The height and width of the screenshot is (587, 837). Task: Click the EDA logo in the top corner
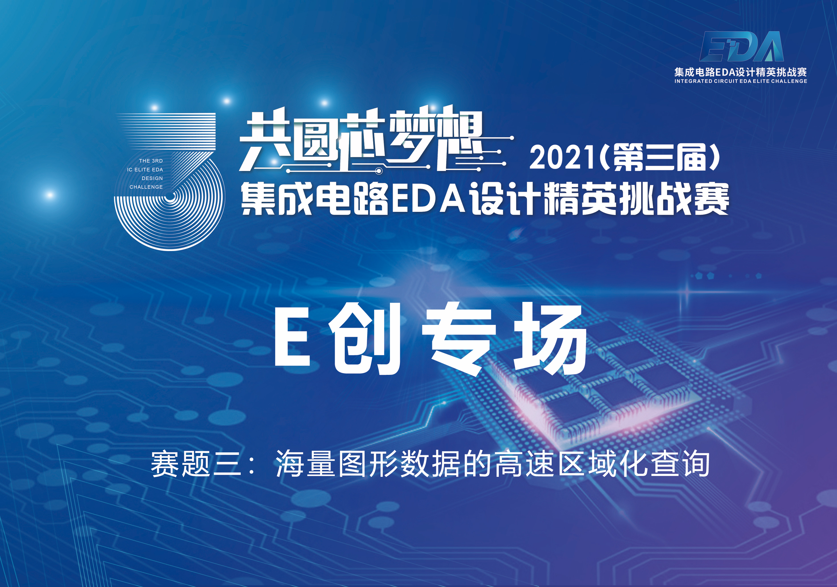(742, 46)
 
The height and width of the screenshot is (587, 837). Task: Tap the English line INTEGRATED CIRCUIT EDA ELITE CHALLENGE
(741, 81)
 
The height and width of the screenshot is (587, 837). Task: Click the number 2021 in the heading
(564, 158)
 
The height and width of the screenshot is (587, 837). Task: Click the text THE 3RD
(151, 161)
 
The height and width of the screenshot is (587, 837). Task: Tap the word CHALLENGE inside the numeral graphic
(146, 187)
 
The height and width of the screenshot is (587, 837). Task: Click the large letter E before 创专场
(292, 336)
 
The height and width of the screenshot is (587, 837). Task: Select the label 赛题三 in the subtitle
(196, 464)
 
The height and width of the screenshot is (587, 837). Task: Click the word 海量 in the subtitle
(306, 464)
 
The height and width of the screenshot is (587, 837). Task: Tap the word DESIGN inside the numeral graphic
(152, 178)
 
